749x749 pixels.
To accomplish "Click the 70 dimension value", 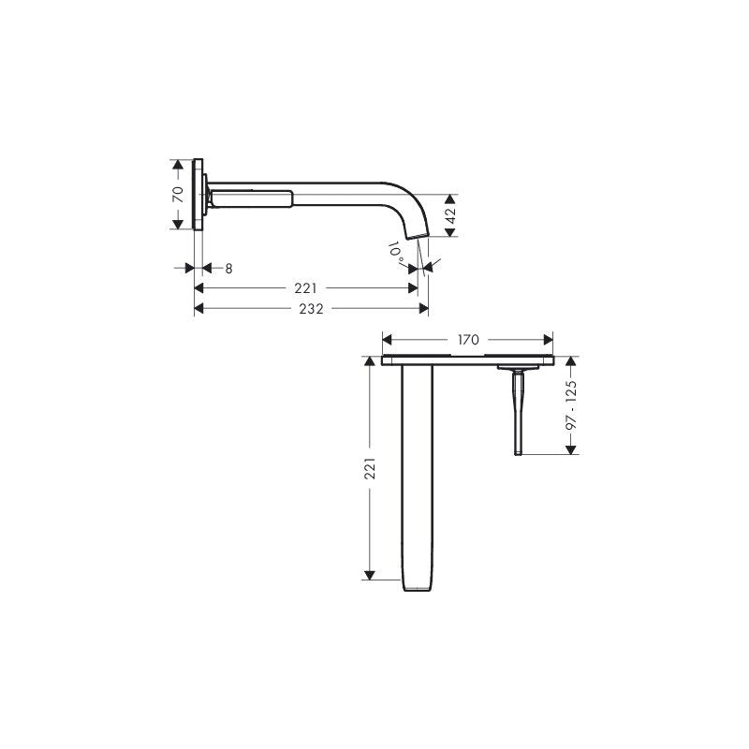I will point(177,194).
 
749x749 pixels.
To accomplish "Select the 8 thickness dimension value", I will point(228,268).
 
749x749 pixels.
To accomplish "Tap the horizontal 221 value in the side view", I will point(306,288).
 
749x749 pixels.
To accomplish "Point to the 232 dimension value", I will point(311,309).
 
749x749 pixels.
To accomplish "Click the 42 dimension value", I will point(450,214).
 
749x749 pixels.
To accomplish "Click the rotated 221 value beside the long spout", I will point(370,468).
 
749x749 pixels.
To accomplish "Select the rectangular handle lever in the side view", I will point(253,197).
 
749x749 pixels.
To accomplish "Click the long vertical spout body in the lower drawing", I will point(418,477).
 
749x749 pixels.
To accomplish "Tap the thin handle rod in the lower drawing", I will point(518,412).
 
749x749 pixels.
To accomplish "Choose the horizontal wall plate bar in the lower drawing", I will point(468,360).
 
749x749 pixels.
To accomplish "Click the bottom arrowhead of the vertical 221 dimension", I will point(370,574).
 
